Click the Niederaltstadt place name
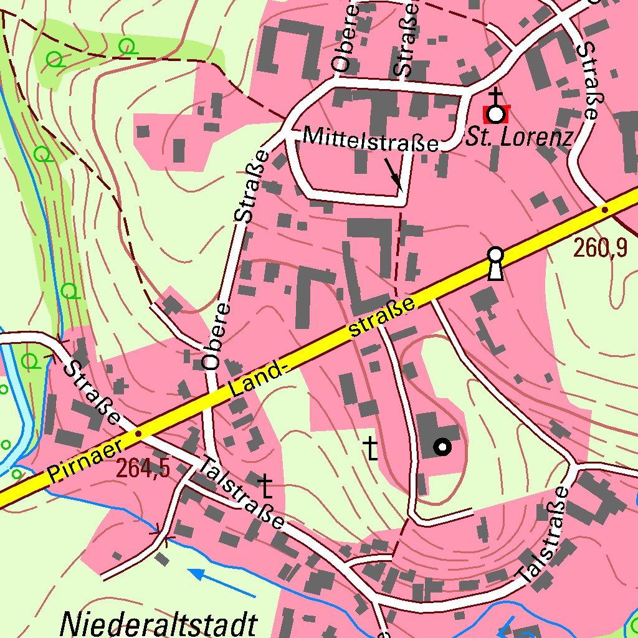pyautogui.click(x=159, y=623)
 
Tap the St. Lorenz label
pyautogui.click(x=518, y=138)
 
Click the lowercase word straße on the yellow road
pyautogui.click(x=383, y=318)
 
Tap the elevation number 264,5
pyautogui.click(x=143, y=469)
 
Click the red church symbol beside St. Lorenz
pyautogui.click(x=496, y=114)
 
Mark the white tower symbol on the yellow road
pyautogui.click(x=495, y=264)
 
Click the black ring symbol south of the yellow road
pyautogui.click(x=442, y=447)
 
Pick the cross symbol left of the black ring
pyautogui.click(x=371, y=449)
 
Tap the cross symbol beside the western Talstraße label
pyautogui.click(x=266, y=486)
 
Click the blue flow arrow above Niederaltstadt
pyautogui.click(x=221, y=582)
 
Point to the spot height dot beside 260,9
pyautogui.click(x=604, y=211)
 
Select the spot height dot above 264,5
pyautogui.click(x=138, y=433)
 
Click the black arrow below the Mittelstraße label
pyautogui.click(x=393, y=173)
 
